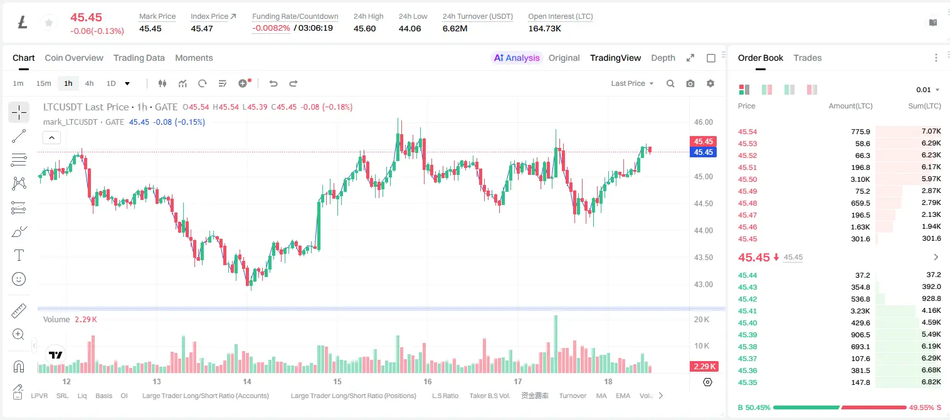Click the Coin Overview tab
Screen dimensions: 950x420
tap(74, 58)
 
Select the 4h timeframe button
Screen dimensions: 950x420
tap(89, 83)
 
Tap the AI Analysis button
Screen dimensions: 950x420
tap(516, 58)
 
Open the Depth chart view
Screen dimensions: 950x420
tap(663, 58)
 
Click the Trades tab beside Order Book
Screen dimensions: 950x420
tap(808, 58)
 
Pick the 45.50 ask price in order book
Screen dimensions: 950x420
tap(747, 179)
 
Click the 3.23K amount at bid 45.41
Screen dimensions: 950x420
tap(860, 311)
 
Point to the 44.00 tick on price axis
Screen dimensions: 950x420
tap(703, 231)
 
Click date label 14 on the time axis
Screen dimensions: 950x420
tap(247, 381)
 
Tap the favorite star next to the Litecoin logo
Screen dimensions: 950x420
tap(49, 23)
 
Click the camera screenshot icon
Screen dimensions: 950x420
tap(690, 83)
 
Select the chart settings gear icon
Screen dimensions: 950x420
tap(710, 83)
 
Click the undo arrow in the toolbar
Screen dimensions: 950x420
tap(273, 83)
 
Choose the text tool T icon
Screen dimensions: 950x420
tap(19, 255)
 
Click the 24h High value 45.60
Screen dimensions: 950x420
tap(364, 28)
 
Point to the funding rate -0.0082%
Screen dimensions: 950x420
tap(271, 28)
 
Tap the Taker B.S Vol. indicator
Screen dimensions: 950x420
tap(489, 396)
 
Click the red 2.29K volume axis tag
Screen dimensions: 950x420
tap(704, 366)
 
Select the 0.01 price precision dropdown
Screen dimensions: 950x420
tap(927, 90)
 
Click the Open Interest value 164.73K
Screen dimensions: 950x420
tap(544, 28)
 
